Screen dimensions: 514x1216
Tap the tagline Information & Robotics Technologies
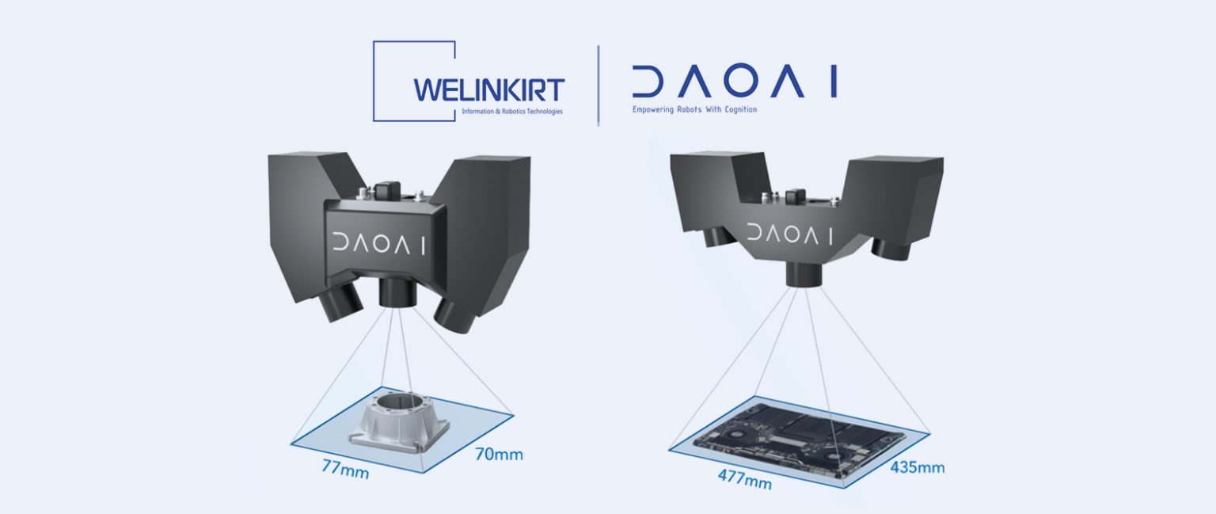(x=511, y=112)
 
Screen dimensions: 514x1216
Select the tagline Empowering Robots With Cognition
(x=694, y=109)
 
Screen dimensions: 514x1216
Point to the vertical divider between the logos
(x=598, y=85)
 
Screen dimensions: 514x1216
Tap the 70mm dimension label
(x=499, y=455)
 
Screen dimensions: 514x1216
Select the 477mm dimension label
(x=744, y=478)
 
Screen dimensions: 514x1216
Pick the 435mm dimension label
(x=918, y=468)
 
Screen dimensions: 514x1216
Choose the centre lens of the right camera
(x=804, y=273)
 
